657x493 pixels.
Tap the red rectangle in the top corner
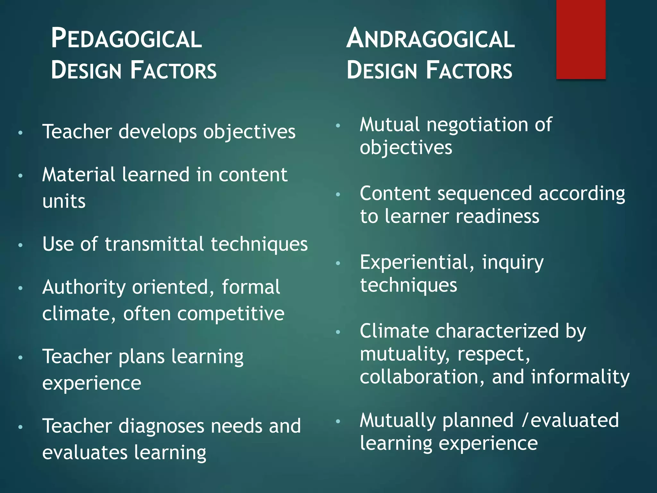click(581, 39)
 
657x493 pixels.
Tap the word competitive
click(231, 314)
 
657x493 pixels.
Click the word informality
click(580, 377)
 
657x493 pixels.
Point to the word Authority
click(84, 287)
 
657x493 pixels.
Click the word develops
click(158, 132)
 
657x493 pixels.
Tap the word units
click(64, 202)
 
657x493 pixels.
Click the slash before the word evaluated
click(524, 420)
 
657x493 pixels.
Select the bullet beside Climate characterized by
click(337, 332)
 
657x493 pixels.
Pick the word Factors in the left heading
click(173, 71)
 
